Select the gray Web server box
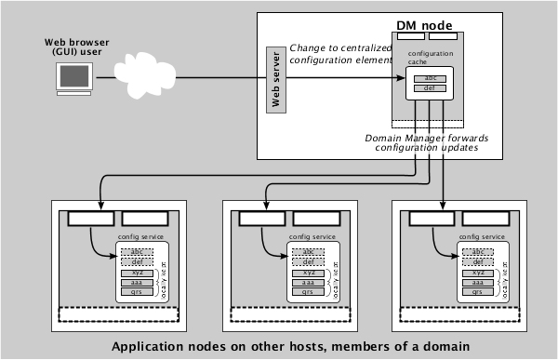tap(273, 78)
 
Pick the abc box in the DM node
tap(429, 77)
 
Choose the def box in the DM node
tap(429, 89)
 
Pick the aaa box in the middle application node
tap(306, 281)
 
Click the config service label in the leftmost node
tap(138, 239)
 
